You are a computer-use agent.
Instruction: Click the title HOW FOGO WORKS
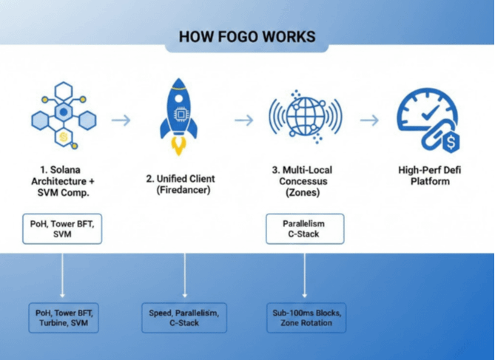tap(247, 36)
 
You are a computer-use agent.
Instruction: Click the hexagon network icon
tap(64, 115)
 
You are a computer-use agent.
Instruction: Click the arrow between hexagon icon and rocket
tap(121, 120)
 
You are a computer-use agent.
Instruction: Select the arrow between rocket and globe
tap(243, 120)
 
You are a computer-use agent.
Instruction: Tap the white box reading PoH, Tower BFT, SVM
tap(62, 228)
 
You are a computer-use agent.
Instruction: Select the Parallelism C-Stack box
tap(303, 228)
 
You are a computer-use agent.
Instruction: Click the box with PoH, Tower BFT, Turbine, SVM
tap(62, 317)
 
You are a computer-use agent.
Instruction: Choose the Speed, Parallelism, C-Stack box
tap(183, 317)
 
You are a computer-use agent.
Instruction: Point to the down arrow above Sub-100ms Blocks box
tap(305, 274)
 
